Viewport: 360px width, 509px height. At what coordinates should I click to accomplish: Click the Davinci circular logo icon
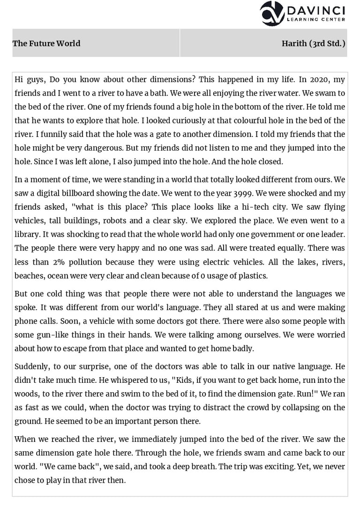tap(272, 13)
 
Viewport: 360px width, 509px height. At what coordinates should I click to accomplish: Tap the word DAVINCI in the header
tap(316, 10)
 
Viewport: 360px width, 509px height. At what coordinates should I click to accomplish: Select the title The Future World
tap(46, 44)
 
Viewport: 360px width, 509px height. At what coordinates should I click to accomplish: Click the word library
tap(28, 234)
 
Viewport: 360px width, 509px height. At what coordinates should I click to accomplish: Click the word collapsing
tap(305, 407)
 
